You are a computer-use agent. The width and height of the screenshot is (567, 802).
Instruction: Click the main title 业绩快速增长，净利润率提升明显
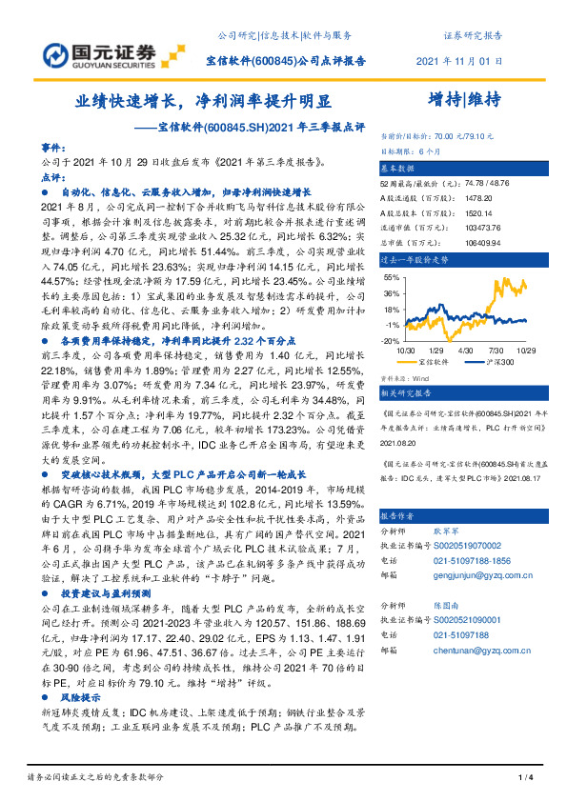204,101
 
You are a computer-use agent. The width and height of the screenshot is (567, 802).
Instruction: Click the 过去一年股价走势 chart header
415,258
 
